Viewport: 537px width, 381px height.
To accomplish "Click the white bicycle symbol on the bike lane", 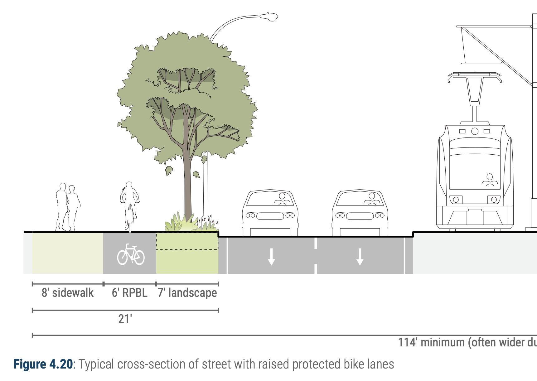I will click(x=131, y=254).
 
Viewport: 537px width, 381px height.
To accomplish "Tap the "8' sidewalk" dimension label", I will click(x=68, y=293).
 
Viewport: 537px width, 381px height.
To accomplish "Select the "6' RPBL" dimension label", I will click(x=129, y=293).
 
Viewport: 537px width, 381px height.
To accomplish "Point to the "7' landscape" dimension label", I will click(x=187, y=293).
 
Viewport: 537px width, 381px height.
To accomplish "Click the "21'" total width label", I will click(x=125, y=319).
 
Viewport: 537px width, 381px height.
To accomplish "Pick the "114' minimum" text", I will click(x=432, y=342).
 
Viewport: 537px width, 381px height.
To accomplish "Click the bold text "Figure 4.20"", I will click(x=43, y=364).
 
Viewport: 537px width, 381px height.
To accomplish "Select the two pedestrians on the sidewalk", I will click(x=68, y=207).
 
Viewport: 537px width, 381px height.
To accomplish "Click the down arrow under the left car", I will click(x=271, y=256).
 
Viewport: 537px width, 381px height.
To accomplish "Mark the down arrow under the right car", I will click(x=360, y=256).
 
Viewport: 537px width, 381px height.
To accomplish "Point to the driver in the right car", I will click(x=371, y=199).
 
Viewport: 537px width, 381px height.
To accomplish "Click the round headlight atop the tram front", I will click(x=475, y=131).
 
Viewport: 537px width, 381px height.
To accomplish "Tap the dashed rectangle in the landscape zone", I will click(x=187, y=241).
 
